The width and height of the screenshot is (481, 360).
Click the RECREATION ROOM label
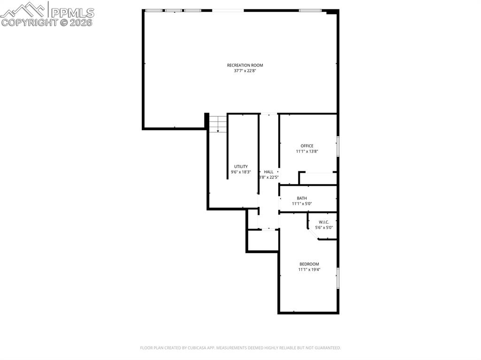tap(245, 65)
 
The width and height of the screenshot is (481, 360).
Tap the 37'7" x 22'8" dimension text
tap(245, 71)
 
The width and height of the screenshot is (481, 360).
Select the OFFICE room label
tap(307, 146)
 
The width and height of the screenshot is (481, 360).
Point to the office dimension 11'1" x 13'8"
tap(307, 152)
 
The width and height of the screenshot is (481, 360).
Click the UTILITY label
tap(241, 167)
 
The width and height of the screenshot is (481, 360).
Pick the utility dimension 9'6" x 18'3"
tap(241, 172)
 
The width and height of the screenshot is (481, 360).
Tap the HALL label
tap(268, 172)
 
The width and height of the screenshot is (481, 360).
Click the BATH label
tap(302, 198)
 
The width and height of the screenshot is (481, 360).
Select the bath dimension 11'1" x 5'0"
tap(302, 204)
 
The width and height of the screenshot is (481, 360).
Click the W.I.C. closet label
tap(324, 222)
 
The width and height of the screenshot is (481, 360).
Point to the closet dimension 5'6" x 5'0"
tap(324, 228)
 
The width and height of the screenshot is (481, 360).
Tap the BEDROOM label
tap(309, 264)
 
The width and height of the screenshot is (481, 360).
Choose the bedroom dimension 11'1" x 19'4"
tap(309, 270)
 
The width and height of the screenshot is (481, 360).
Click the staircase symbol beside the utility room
tap(217, 124)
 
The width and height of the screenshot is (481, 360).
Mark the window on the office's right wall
tap(337, 146)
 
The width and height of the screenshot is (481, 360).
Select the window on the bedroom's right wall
tap(337, 278)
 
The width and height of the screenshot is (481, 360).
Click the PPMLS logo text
tap(71, 13)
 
